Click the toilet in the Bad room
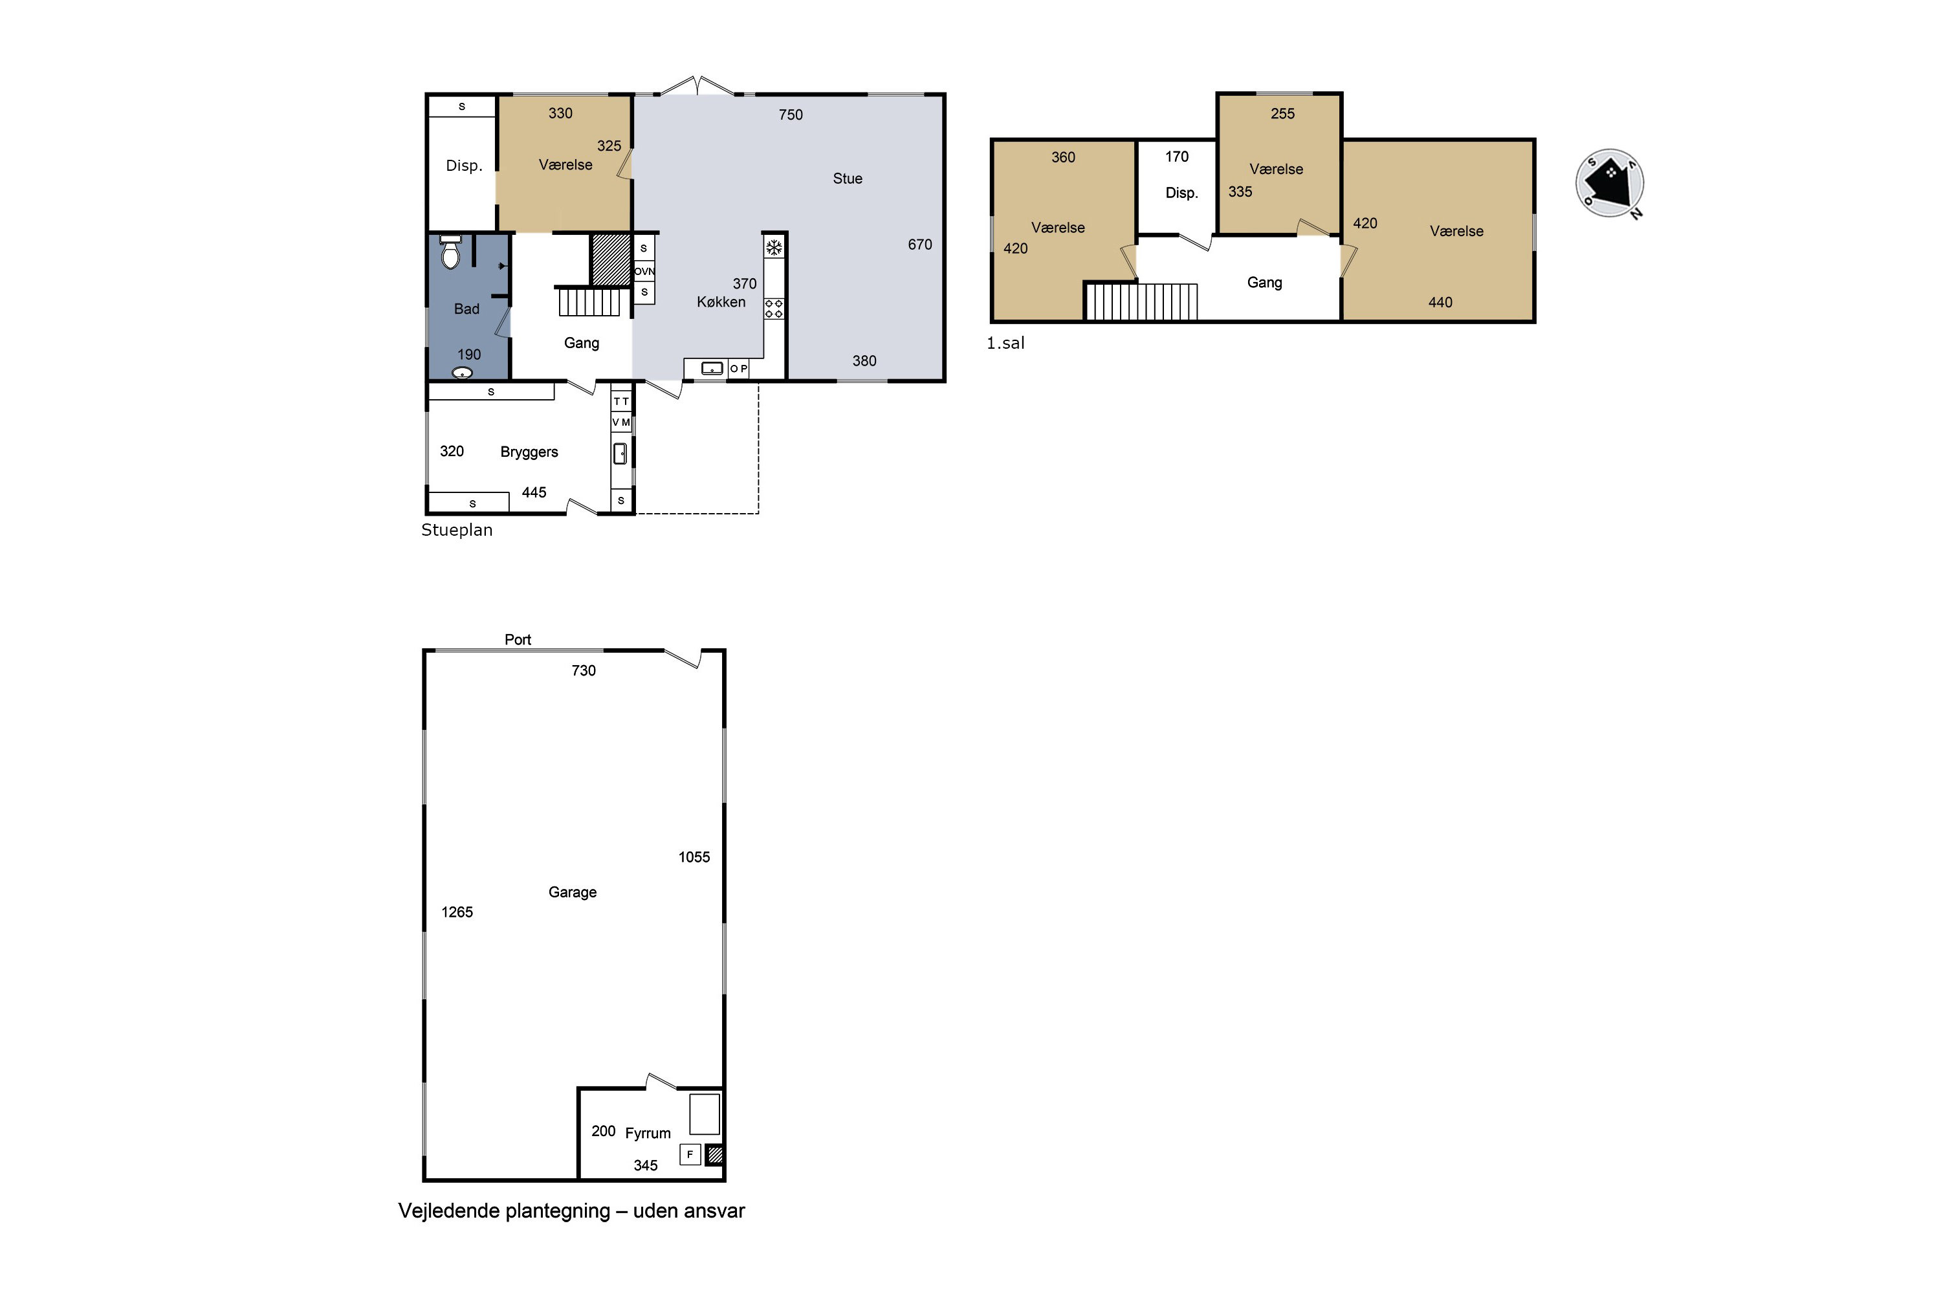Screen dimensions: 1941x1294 pos(450,252)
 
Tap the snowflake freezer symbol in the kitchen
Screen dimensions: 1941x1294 pos(774,247)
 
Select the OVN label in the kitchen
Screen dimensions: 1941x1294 pos(644,270)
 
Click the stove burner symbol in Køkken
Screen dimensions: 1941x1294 pos(774,309)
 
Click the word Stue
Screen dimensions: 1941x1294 pos(848,179)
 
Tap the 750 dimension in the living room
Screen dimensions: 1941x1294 pos(791,115)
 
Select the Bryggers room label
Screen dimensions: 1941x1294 pos(529,452)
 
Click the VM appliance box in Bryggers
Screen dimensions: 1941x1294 pos(621,422)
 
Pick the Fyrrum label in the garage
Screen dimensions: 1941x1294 pos(648,1133)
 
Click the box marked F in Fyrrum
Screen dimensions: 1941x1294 pos(690,1154)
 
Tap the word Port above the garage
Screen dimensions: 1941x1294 pos(518,640)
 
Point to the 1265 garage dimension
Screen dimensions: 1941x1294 pos(457,912)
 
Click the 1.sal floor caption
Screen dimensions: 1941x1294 pos(1005,344)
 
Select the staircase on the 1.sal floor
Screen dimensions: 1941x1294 pos(1141,302)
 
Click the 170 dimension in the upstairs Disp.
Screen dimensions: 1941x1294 pos(1177,157)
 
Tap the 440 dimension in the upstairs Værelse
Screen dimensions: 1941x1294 pos(1440,303)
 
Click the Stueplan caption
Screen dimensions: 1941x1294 pos(457,530)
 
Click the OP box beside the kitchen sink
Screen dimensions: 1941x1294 pos(739,369)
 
